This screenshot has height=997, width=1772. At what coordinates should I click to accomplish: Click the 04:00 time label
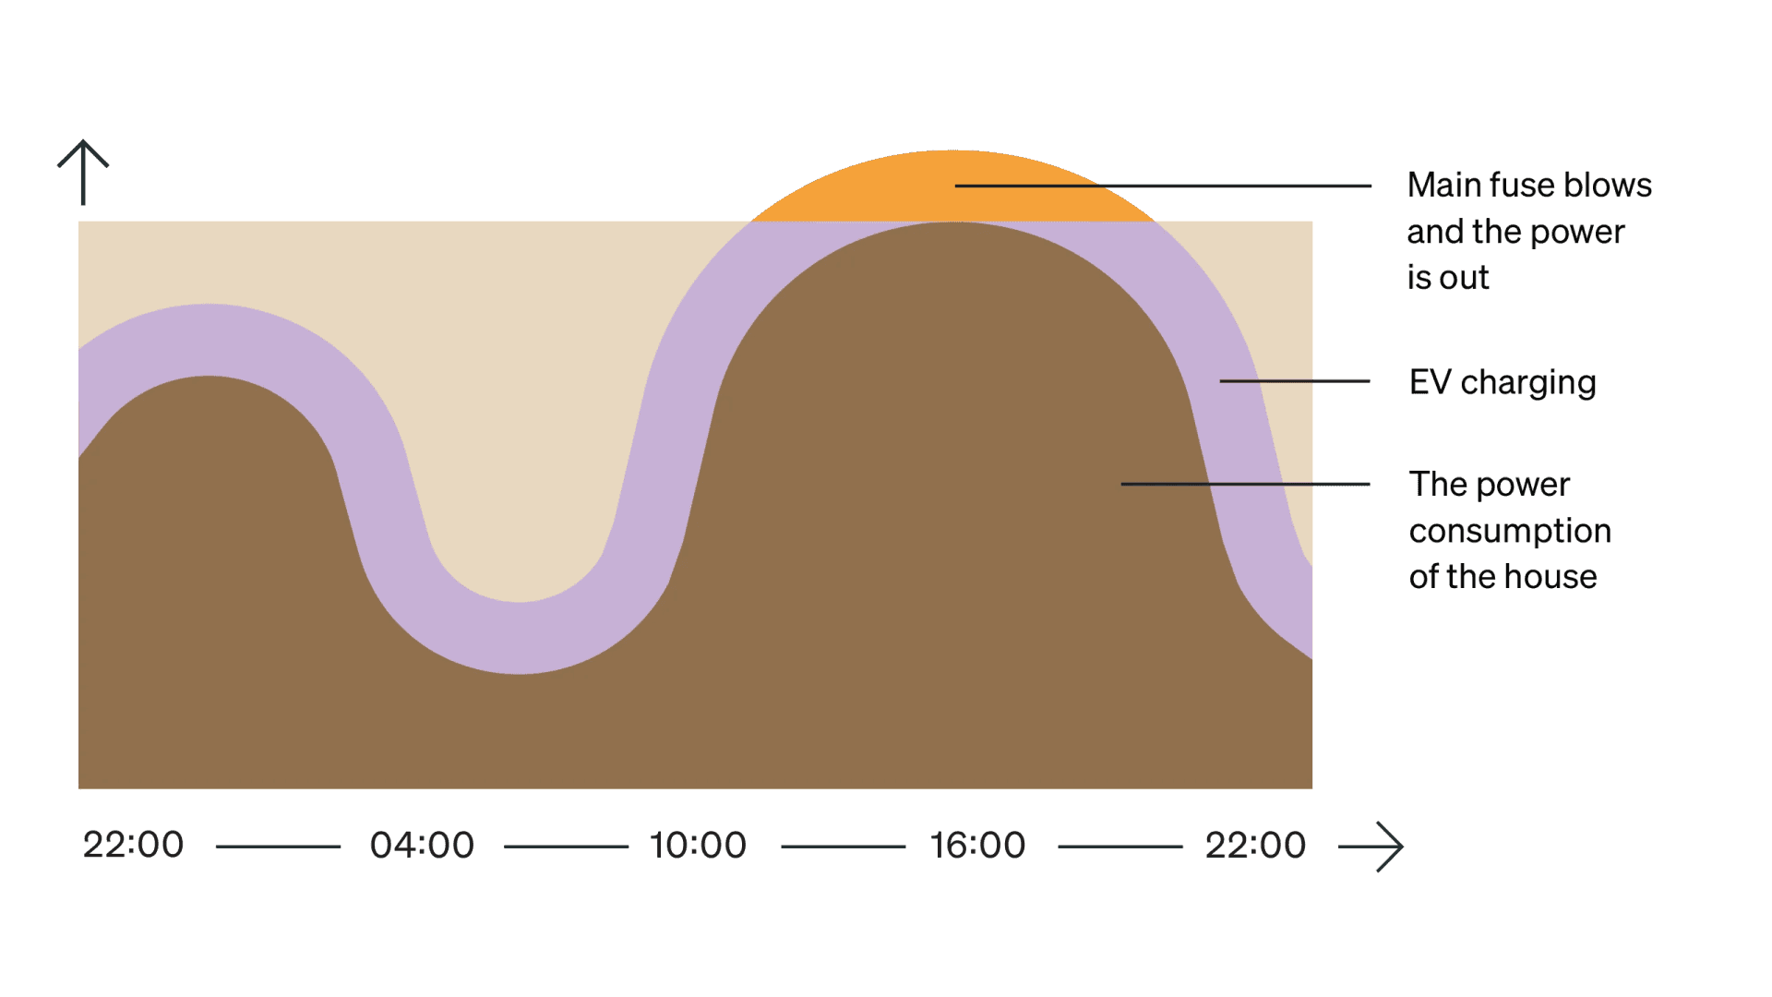point(422,845)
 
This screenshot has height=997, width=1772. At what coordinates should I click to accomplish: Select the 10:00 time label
point(698,845)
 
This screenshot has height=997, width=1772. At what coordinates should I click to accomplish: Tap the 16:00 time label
point(977,845)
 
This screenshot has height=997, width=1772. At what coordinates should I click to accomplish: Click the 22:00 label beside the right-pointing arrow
point(1255,845)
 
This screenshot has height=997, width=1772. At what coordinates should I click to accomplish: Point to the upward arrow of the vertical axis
point(83,172)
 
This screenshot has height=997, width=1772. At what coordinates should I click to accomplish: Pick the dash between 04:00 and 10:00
point(566,846)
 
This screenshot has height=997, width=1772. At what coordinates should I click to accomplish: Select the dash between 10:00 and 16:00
point(843,846)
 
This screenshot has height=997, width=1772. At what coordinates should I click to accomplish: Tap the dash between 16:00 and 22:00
point(1119,846)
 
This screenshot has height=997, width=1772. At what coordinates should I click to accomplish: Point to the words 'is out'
point(1447,277)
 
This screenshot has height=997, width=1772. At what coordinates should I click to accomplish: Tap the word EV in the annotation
point(1430,382)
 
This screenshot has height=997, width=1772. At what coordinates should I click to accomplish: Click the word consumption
point(1510,531)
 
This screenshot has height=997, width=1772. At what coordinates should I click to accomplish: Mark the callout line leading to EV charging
point(1294,380)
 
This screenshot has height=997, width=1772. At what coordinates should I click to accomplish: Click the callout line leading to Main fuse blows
point(1163,186)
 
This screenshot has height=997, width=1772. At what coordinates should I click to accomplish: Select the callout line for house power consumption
point(1245,484)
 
